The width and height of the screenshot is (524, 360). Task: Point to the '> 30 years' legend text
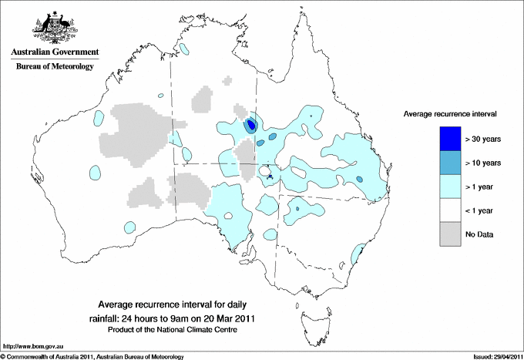point(483,139)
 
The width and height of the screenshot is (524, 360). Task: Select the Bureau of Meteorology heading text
point(55,67)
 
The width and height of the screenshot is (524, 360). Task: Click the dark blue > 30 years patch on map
point(250,124)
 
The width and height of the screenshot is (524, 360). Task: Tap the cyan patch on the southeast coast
point(358,253)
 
